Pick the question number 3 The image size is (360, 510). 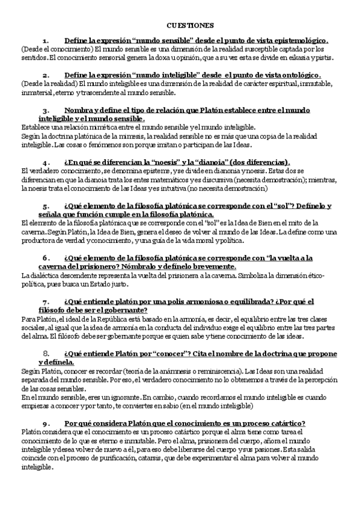pyautogui.click(x=46, y=111)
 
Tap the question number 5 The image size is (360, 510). pyautogui.click(x=46, y=206)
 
